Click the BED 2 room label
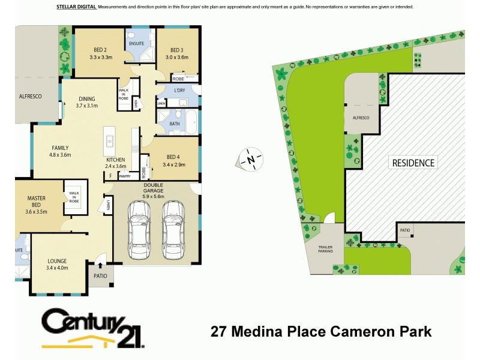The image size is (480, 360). (x=100, y=54)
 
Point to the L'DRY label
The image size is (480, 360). (x=179, y=90)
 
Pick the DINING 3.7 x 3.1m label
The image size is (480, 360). (x=86, y=103)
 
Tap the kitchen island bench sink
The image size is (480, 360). (x=110, y=141)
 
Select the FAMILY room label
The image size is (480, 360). (x=60, y=151)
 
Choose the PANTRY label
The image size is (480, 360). (x=124, y=176)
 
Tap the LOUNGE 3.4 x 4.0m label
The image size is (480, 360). (x=57, y=265)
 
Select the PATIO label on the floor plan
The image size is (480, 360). (x=100, y=276)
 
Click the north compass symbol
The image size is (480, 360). (x=250, y=160)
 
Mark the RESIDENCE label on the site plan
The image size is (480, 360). (x=413, y=162)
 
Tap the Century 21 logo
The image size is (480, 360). (x=92, y=329)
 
